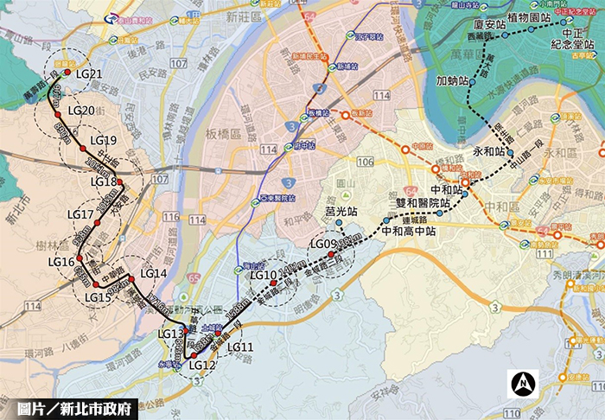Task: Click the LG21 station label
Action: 89,74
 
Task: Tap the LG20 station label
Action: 80,111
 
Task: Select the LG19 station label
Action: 102,141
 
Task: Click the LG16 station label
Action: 61,262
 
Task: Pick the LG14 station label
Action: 152,274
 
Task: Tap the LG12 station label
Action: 201,365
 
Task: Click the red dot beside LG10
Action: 273,282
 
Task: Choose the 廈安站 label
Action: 490,25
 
